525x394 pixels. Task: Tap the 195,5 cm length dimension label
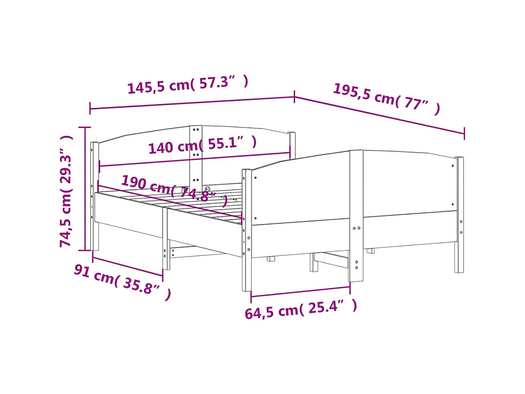pyautogui.click(x=386, y=99)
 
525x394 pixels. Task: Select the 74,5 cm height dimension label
pyautogui.click(x=66, y=191)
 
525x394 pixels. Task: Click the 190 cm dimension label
pyautogui.click(x=174, y=191)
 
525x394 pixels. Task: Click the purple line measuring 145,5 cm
pyautogui.click(x=192, y=103)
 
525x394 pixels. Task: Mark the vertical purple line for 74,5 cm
pyautogui.click(x=85, y=188)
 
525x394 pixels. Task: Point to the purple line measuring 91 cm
pyautogui.click(x=128, y=265)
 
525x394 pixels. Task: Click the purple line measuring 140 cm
pyautogui.click(x=195, y=160)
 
